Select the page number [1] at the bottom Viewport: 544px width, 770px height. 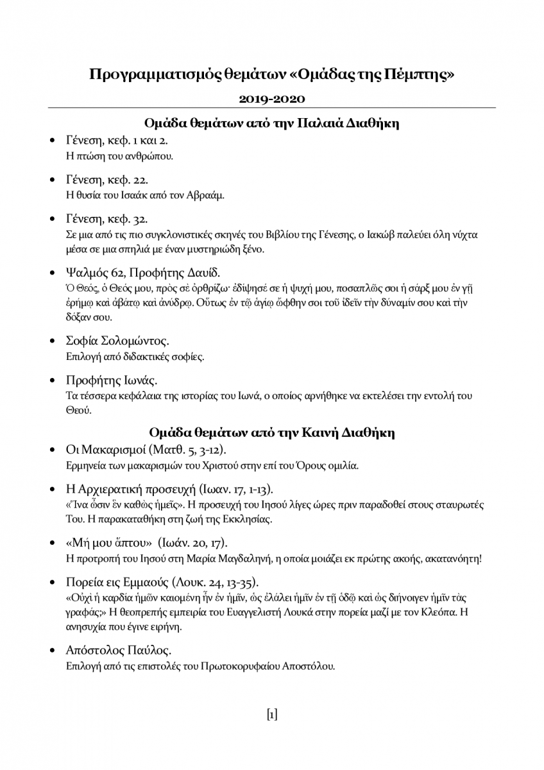[x=272, y=714]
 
